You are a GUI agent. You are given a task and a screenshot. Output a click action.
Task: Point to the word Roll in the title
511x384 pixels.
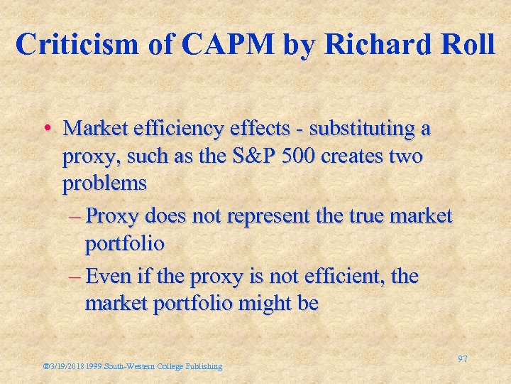tap(468, 44)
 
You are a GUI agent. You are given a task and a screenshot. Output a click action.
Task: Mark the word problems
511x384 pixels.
tap(104, 183)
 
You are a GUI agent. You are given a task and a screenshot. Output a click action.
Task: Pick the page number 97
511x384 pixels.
tap(462, 359)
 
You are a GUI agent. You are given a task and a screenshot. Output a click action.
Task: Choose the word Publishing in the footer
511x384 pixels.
tap(203, 366)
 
